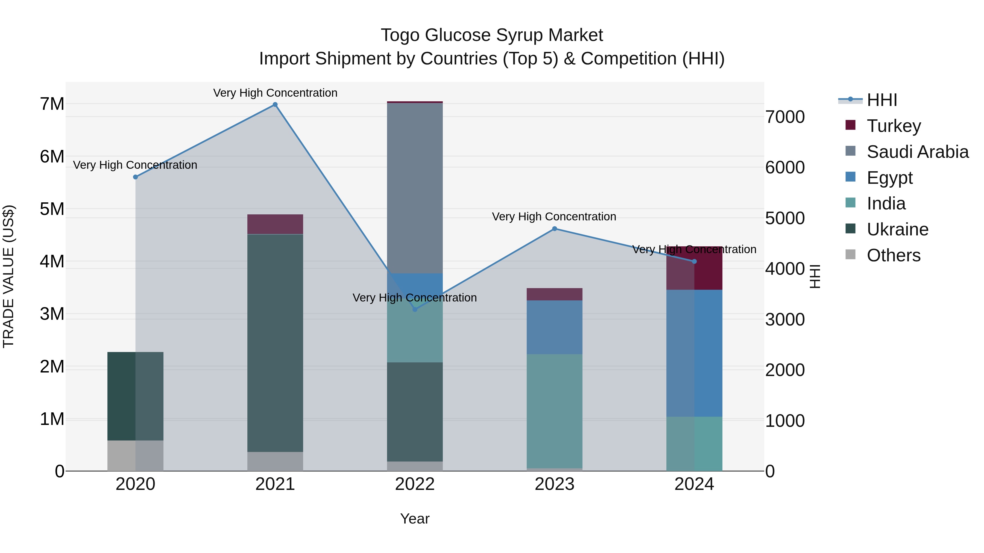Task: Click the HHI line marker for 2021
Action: click(275, 105)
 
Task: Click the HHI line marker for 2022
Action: click(415, 309)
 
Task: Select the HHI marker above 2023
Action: click(555, 229)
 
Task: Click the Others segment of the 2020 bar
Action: click(135, 456)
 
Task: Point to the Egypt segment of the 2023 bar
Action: click(555, 327)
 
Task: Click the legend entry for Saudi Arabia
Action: click(917, 152)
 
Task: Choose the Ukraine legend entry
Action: click(897, 229)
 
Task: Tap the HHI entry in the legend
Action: click(881, 100)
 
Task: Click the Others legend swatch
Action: click(850, 255)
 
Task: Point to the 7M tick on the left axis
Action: click(52, 104)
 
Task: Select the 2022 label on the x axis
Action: click(415, 484)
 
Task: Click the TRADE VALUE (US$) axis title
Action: click(8, 276)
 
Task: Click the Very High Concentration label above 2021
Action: click(275, 93)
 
